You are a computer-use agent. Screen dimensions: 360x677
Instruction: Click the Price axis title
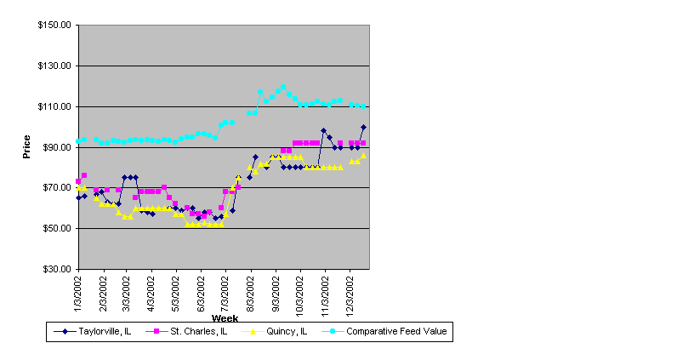click(27, 147)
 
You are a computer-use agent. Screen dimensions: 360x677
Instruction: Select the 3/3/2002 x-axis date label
click(126, 292)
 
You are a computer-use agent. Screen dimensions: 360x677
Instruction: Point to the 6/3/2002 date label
click(202, 292)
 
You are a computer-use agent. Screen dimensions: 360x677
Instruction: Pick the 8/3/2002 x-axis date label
click(252, 292)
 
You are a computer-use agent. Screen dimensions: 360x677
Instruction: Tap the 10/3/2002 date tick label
click(300, 294)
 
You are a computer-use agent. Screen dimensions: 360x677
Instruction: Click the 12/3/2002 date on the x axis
click(350, 294)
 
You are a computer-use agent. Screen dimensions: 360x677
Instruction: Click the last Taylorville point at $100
click(363, 128)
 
